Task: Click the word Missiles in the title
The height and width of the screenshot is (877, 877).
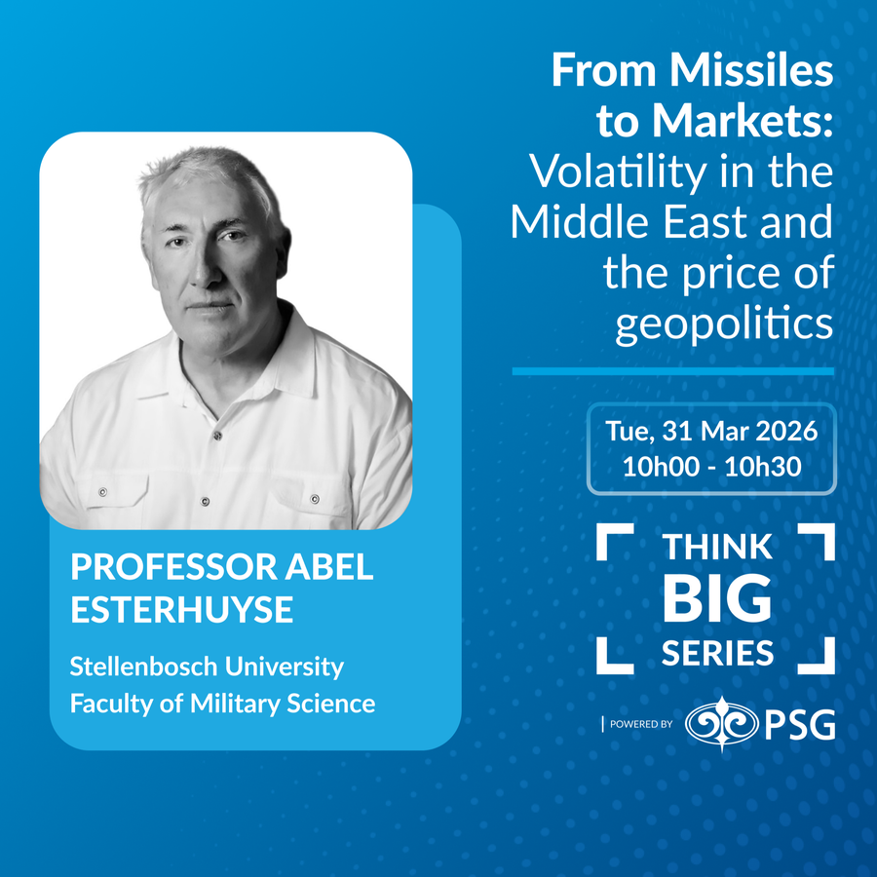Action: click(751, 70)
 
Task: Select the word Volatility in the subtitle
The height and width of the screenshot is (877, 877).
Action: click(618, 172)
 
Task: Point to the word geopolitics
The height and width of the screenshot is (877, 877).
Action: click(724, 324)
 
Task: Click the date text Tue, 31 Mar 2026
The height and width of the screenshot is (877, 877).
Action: click(711, 432)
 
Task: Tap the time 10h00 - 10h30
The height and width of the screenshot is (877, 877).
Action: click(711, 467)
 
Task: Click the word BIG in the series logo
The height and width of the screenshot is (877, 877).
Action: click(717, 598)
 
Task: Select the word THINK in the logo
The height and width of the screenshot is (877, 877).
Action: click(717, 547)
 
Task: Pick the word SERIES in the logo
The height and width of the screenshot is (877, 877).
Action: click(717, 653)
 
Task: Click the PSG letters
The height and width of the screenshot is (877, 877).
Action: click(800, 724)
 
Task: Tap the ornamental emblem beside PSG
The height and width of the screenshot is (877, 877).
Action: click(722, 724)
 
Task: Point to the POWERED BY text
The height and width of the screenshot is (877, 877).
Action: click(641, 724)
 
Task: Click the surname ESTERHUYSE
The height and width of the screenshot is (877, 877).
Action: click(182, 609)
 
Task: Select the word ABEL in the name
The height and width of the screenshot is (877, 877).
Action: click(329, 566)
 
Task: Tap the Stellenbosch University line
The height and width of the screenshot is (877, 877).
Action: click(207, 667)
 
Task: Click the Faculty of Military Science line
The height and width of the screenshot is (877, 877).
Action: click(222, 704)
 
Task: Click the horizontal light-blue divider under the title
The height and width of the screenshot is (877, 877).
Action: click(672, 371)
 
